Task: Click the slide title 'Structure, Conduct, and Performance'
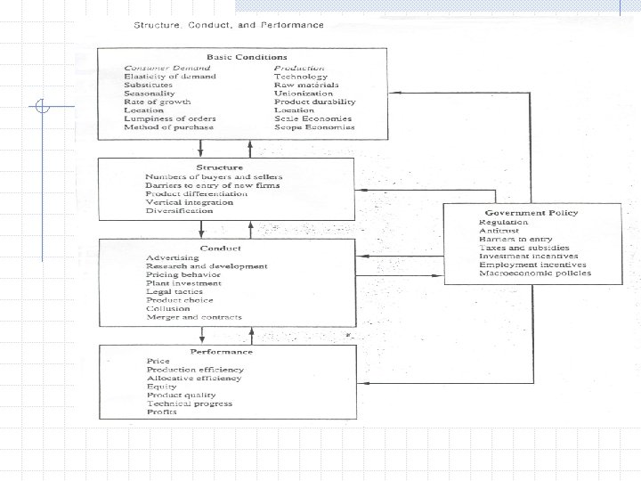click(x=228, y=24)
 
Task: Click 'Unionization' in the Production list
click(x=303, y=93)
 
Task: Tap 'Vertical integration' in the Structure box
click(x=189, y=202)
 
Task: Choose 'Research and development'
click(x=206, y=266)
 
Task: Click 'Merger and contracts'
click(x=185, y=317)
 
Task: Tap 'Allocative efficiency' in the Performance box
click(x=194, y=378)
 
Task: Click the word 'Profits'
click(x=161, y=412)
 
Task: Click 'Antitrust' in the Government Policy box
click(x=496, y=231)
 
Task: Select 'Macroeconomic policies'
click(x=534, y=273)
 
